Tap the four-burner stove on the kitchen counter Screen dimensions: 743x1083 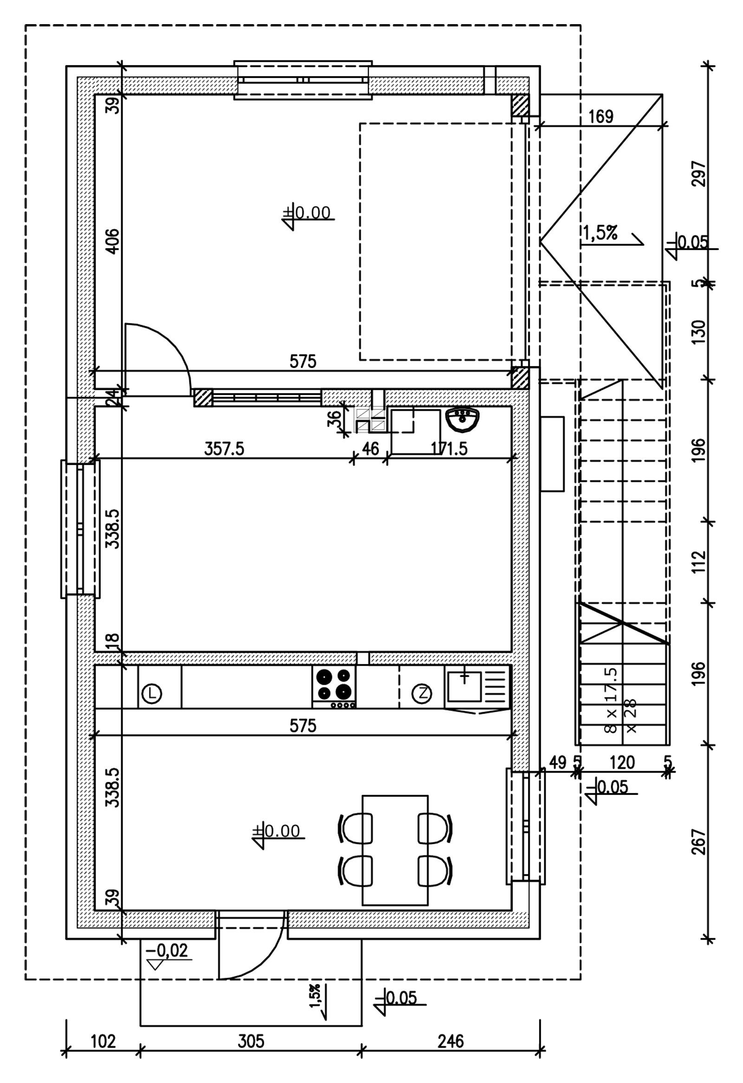[333, 688]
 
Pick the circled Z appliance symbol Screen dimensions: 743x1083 [422, 694]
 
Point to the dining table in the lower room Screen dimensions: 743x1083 [395, 850]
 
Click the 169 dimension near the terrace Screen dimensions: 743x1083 [601, 116]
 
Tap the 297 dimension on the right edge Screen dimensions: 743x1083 [699, 174]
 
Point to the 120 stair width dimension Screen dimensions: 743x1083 [622, 762]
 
